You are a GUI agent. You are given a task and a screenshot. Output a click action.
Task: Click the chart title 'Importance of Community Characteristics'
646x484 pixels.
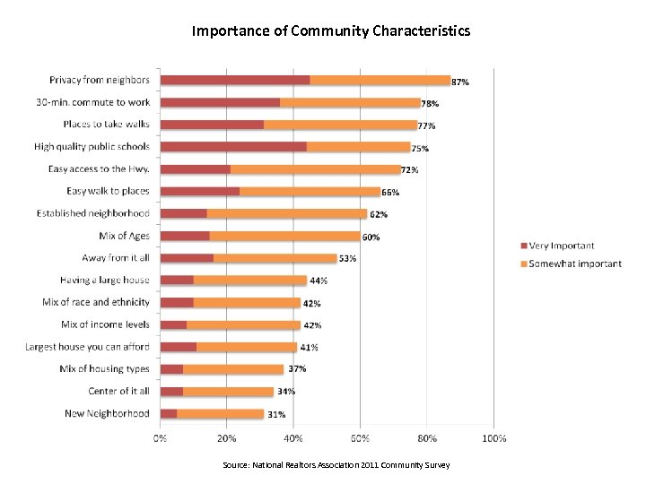[330, 31]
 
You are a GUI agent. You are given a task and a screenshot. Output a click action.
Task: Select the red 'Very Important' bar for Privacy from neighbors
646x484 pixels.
[235, 80]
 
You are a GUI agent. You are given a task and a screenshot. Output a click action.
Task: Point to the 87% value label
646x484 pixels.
[459, 82]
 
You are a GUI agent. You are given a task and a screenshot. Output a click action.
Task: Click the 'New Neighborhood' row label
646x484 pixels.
[107, 413]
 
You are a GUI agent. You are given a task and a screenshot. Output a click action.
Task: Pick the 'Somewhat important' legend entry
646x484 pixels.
[575, 264]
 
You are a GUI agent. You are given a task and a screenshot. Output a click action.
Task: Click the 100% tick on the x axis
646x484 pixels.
[493, 438]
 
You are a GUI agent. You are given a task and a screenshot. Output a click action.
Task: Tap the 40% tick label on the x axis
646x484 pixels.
[293, 438]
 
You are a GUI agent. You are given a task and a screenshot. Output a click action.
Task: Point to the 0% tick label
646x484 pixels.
[160, 438]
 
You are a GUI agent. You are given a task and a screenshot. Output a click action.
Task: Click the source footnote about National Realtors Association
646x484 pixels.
[336, 465]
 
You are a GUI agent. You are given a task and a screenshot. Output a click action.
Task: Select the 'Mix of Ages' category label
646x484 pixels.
[125, 236]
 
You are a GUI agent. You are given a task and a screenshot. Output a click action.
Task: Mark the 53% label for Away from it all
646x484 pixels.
[347, 258]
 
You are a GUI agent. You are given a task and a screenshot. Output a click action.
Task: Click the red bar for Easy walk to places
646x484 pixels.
[199, 191]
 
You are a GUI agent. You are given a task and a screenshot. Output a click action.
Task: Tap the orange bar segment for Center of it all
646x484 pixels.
[228, 391]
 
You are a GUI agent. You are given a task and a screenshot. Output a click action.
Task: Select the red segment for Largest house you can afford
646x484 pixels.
[178, 347]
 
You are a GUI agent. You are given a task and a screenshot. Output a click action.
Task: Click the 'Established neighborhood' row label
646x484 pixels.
[93, 213]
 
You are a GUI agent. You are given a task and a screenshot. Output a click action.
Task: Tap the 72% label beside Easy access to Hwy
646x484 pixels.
[409, 169]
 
